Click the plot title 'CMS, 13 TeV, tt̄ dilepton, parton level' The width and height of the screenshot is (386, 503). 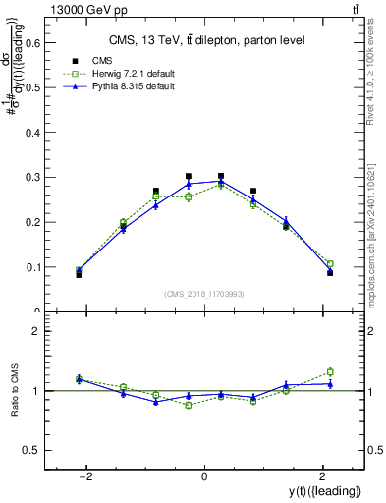click(x=206, y=40)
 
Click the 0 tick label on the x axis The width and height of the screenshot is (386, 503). click(x=204, y=476)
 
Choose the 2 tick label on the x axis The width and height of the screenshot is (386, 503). click(x=322, y=476)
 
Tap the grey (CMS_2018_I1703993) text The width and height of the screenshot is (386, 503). click(x=204, y=293)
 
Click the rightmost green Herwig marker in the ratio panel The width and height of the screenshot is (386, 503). click(x=330, y=371)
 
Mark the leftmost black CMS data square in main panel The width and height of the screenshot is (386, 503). click(x=79, y=274)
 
